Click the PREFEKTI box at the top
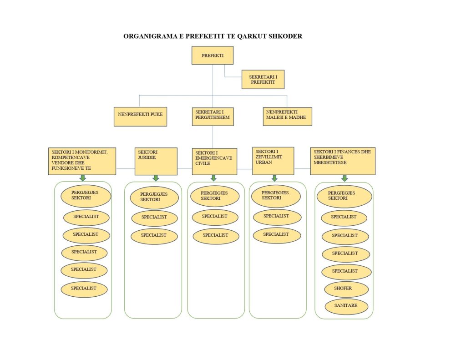[x=212, y=56]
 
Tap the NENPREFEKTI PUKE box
[x=140, y=117]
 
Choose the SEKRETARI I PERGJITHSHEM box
[x=213, y=117]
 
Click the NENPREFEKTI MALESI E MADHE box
[x=287, y=117]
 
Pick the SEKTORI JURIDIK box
[x=156, y=161]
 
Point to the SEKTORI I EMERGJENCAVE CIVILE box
[x=214, y=161]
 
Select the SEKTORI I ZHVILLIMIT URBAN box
[x=273, y=161]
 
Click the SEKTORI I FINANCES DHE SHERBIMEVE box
[x=343, y=161]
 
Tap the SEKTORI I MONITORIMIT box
[x=82, y=161]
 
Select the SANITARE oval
[x=346, y=306]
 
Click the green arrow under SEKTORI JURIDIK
[x=156, y=178]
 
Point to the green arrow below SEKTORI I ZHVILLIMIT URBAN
[x=274, y=177]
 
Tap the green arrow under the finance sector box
[x=344, y=178]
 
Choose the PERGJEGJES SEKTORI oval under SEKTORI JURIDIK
[x=154, y=198]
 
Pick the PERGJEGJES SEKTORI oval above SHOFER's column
[x=344, y=196]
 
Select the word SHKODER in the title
[x=285, y=36]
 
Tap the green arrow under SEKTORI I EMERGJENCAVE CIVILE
[x=213, y=178]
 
